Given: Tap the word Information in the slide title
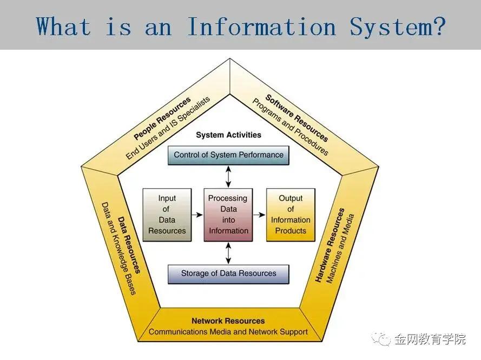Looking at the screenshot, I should click(261, 25).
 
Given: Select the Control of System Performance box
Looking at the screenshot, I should click(228, 155).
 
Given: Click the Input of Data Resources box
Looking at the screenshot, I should click(167, 215).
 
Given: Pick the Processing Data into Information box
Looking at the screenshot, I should click(228, 215).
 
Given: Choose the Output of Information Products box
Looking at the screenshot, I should click(291, 215).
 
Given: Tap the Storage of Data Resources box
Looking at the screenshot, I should click(228, 274).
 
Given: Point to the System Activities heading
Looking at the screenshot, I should click(228, 135).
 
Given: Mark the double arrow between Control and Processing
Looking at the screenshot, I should click(228, 176).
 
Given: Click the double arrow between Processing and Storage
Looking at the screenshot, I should click(228, 252).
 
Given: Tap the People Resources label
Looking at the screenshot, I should click(162, 117).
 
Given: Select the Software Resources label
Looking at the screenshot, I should click(296, 117).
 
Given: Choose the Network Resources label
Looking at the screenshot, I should click(228, 321).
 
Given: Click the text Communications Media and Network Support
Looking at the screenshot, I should click(228, 332).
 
